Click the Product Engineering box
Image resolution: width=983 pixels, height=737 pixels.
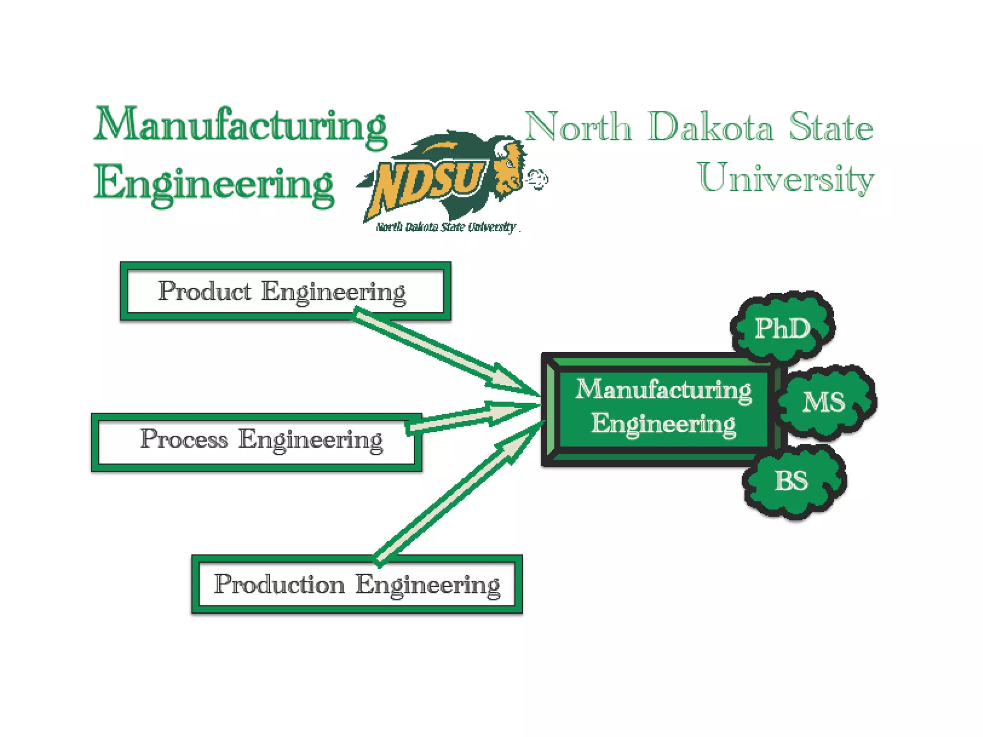tap(285, 291)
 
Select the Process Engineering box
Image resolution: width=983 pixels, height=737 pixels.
tap(256, 442)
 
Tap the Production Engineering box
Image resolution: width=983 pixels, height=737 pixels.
tap(357, 584)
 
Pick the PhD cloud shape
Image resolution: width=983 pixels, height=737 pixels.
tap(783, 328)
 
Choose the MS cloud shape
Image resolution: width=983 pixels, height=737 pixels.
tap(825, 402)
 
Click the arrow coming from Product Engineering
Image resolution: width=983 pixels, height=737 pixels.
tap(442, 352)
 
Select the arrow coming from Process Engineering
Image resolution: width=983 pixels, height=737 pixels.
tap(473, 416)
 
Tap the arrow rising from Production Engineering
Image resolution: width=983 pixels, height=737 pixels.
tap(456, 494)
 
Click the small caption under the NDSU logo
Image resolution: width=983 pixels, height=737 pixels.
tap(445, 227)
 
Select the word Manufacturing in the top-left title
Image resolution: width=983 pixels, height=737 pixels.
tap(240, 126)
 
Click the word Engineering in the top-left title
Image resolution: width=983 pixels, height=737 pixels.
tap(214, 185)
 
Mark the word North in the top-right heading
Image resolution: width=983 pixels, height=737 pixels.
tap(578, 127)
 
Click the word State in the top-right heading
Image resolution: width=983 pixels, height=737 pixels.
tap(830, 127)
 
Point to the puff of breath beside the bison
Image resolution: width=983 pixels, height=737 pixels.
tap(537, 179)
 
